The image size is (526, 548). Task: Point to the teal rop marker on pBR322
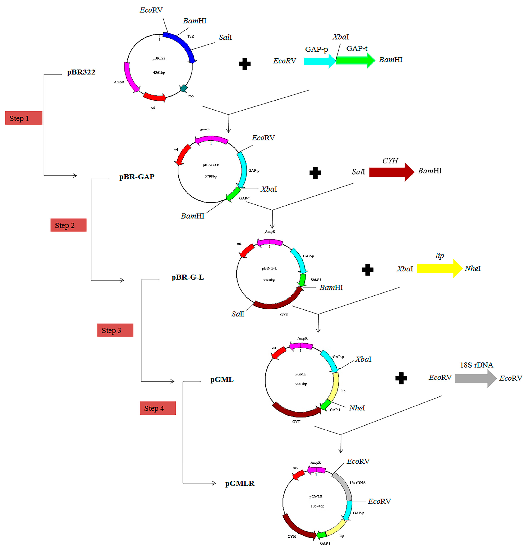click(x=184, y=88)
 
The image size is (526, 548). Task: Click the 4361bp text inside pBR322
click(x=159, y=72)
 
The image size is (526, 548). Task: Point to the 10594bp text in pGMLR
click(x=317, y=506)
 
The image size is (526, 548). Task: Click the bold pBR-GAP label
click(x=137, y=177)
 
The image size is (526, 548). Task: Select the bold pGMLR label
click(x=240, y=483)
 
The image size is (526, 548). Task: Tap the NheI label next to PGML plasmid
click(x=357, y=408)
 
